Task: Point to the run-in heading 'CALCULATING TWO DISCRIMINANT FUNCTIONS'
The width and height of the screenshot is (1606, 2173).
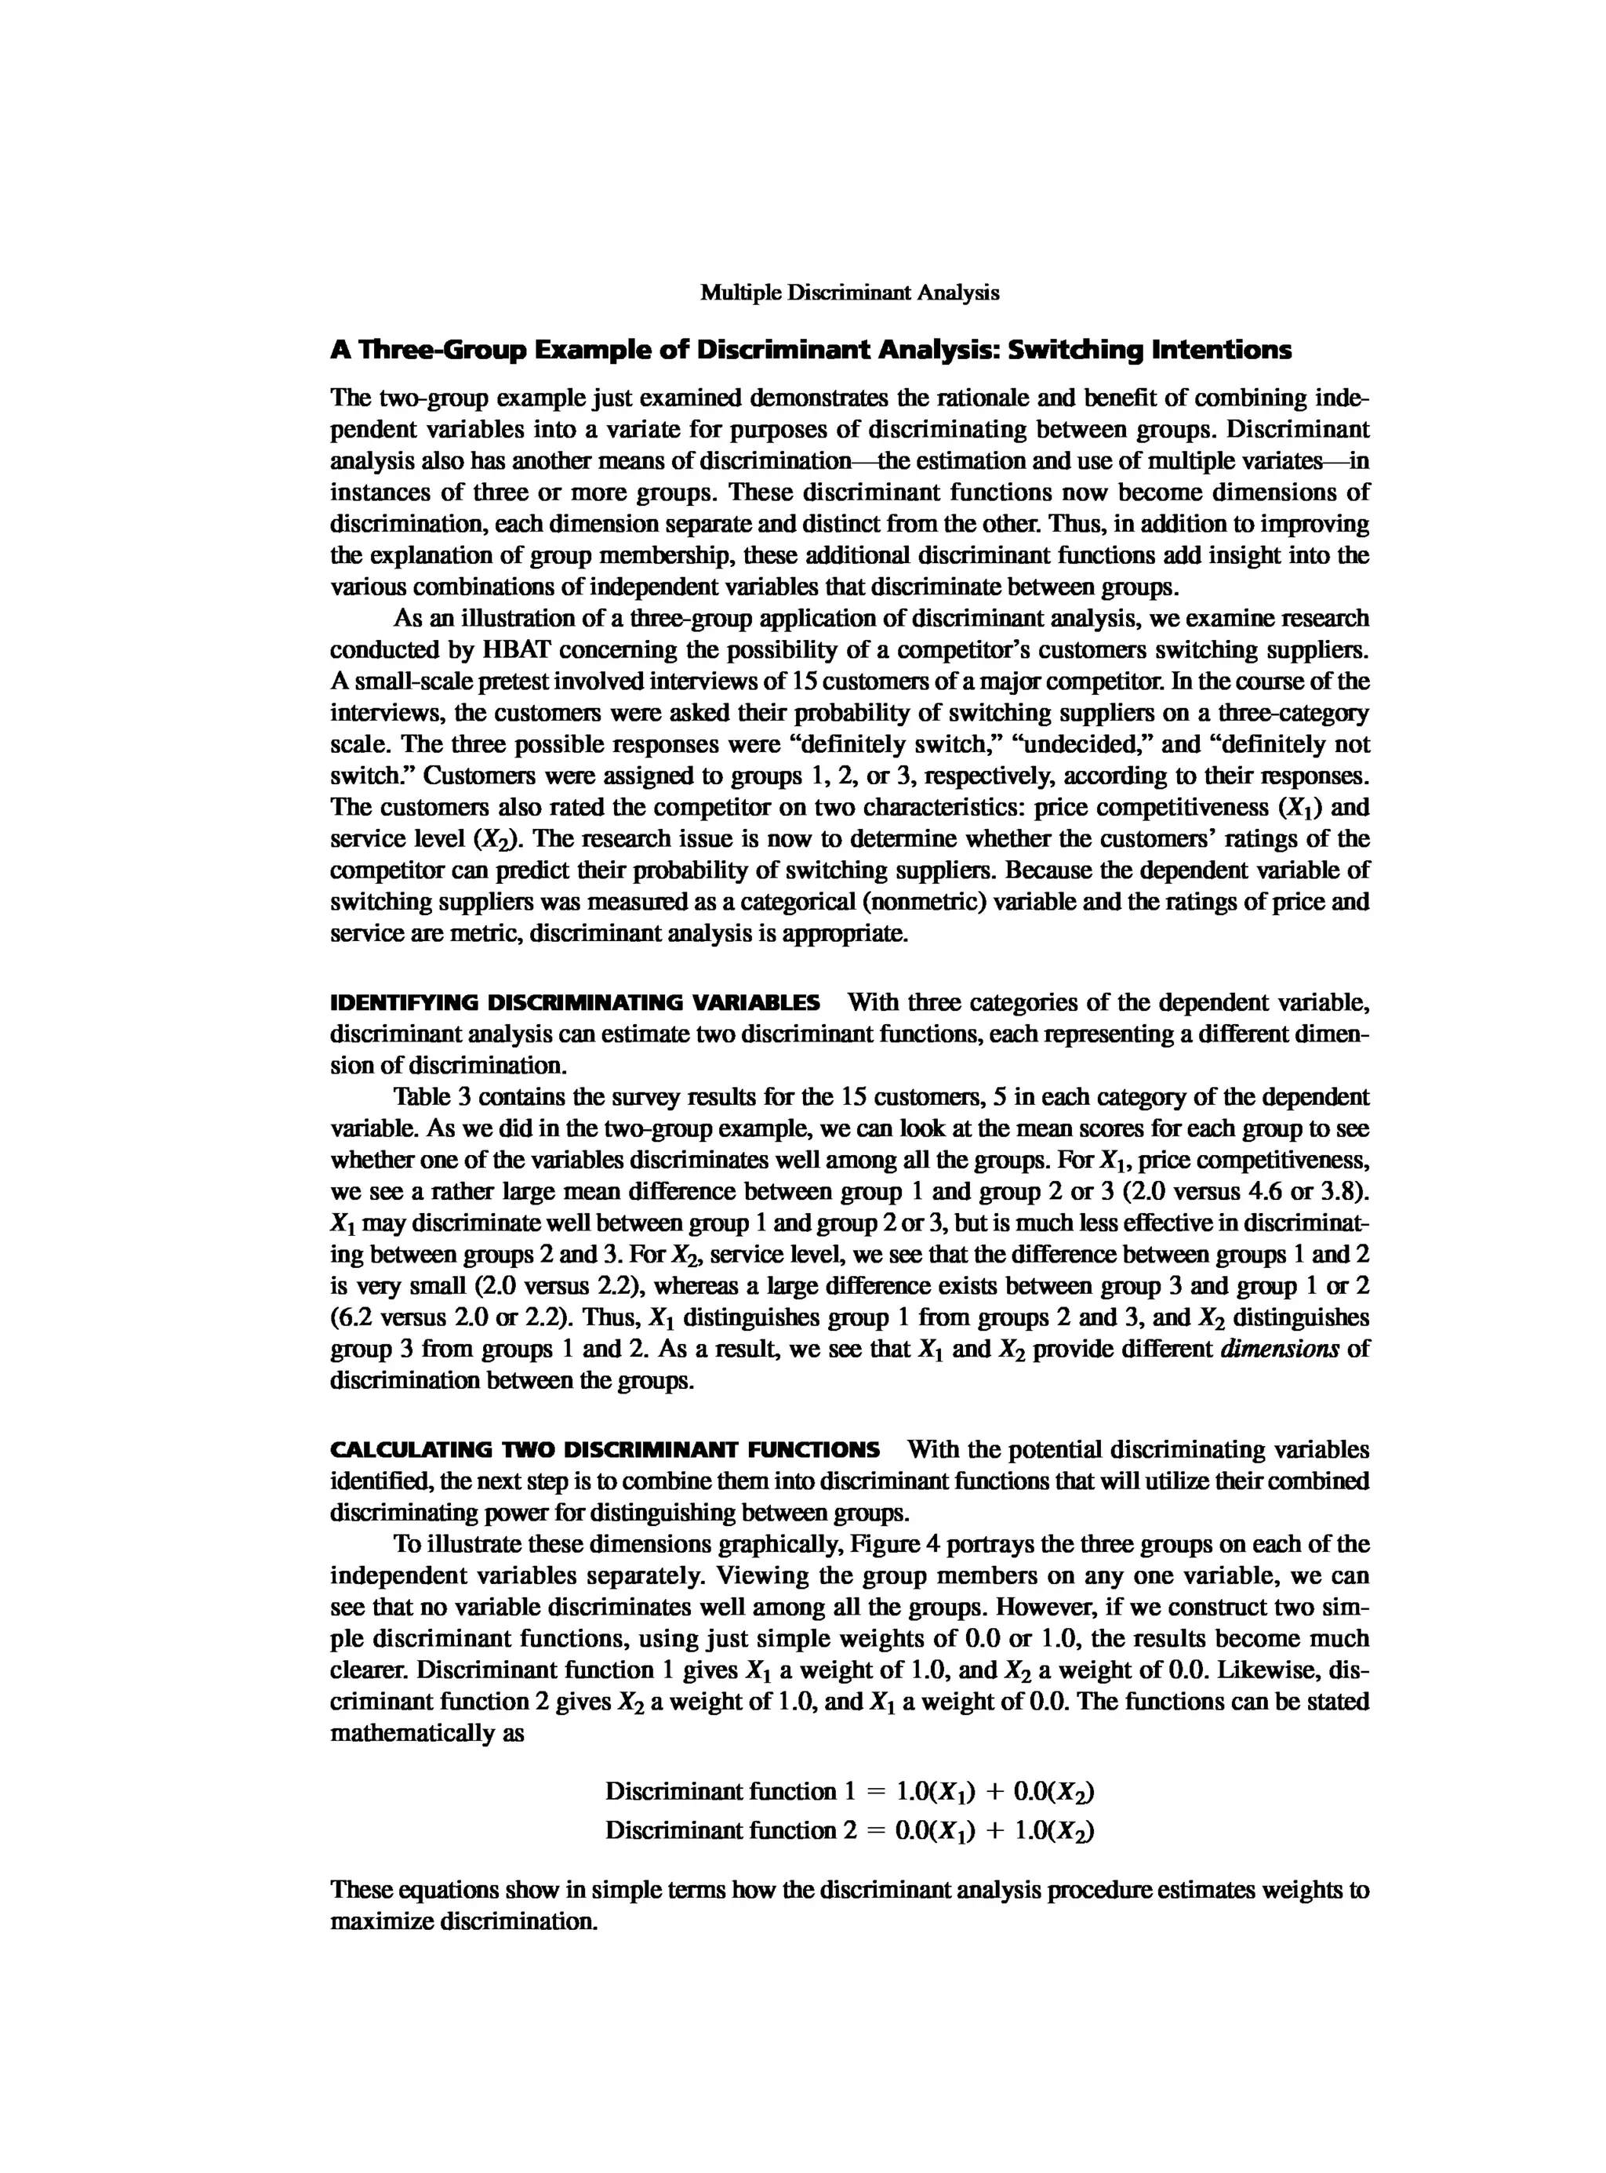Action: pos(605,1450)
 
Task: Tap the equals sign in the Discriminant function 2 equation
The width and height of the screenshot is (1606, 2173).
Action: pos(874,1831)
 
